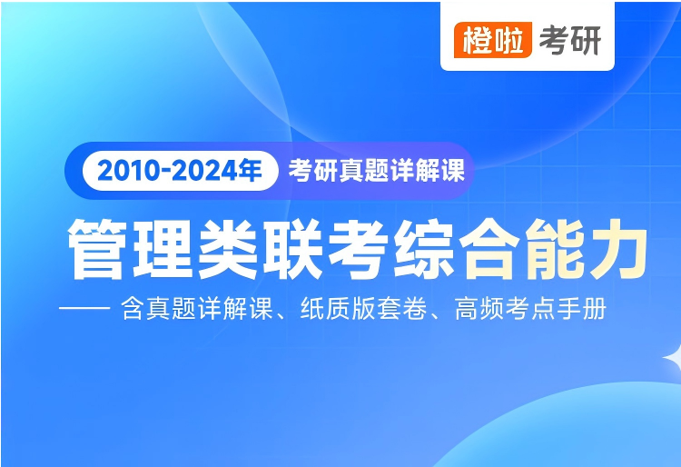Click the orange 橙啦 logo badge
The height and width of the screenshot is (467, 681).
[492, 40]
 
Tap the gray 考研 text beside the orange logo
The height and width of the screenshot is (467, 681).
[570, 40]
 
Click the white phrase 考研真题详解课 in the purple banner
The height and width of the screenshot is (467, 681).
[377, 170]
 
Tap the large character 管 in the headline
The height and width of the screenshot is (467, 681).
[98, 249]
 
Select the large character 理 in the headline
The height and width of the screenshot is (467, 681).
[163, 249]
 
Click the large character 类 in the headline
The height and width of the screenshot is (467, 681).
[228, 249]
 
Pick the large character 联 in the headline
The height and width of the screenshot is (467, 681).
[293, 249]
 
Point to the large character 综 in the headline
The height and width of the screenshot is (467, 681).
[423, 249]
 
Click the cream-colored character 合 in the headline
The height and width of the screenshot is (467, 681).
[489, 249]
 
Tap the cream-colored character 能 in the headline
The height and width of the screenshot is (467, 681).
[555, 249]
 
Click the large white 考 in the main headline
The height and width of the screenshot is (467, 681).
[359, 249]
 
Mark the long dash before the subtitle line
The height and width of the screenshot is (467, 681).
[84, 308]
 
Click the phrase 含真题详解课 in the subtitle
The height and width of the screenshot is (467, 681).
[197, 308]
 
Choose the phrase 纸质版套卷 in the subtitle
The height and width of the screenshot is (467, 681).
[363, 308]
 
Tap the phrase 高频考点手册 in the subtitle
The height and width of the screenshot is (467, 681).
[531, 308]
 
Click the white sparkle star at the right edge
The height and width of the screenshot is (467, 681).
[674, 358]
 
